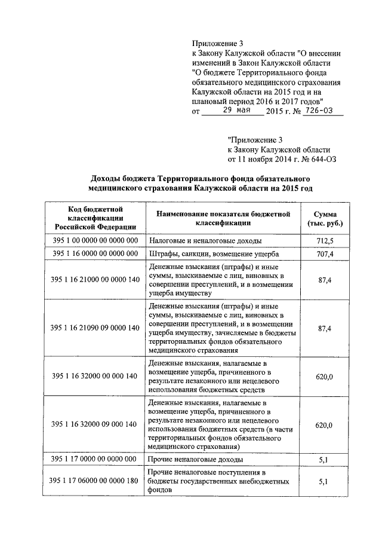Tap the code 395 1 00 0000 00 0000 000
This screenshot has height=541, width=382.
pyautogui.click(x=94, y=240)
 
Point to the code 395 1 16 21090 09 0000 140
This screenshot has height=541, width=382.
pyautogui.click(x=94, y=328)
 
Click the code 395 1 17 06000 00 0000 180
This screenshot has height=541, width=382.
pyautogui.click(x=94, y=481)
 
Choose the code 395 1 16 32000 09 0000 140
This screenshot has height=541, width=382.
pyautogui.click(x=94, y=424)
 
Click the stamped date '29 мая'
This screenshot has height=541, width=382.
pyautogui.click(x=232, y=111)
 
